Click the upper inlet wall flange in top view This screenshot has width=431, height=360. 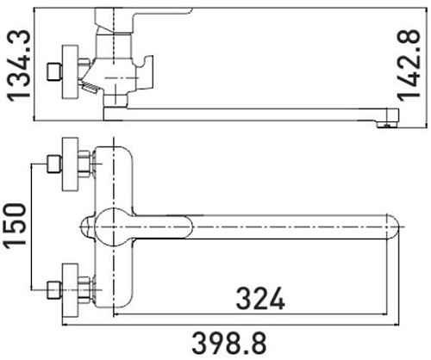(68, 164)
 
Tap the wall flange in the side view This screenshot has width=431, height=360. (68, 68)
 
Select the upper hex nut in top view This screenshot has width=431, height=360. (84, 164)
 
